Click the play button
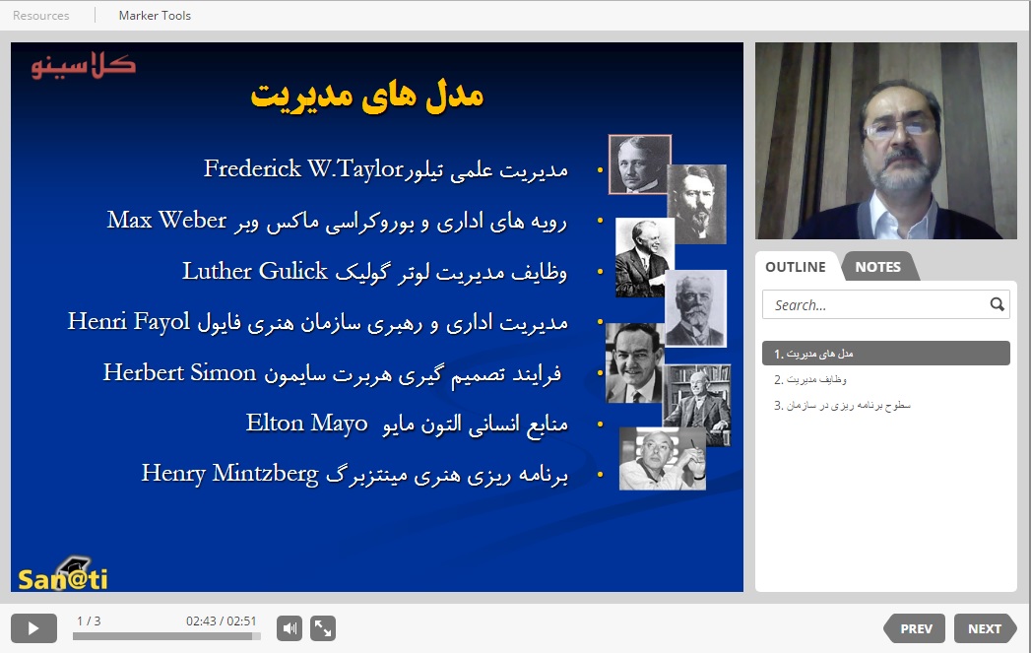click(x=33, y=628)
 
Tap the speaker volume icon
click(x=290, y=628)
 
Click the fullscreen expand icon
click(x=323, y=628)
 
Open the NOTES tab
click(x=877, y=267)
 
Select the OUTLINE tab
click(x=796, y=267)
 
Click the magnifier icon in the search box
click(x=997, y=303)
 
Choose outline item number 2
click(x=810, y=379)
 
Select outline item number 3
click(x=842, y=405)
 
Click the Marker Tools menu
click(x=155, y=15)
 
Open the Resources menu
click(x=40, y=15)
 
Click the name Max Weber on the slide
click(x=167, y=220)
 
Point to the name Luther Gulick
click(x=254, y=271)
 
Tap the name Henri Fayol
click(x=129, y=322)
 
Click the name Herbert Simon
click(x=179, y=372)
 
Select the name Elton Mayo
click(x=306, y=424)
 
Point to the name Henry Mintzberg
click(x=230, y=474)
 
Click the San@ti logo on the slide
click(x=62, y=574)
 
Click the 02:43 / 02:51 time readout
click(x=221, y=620)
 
